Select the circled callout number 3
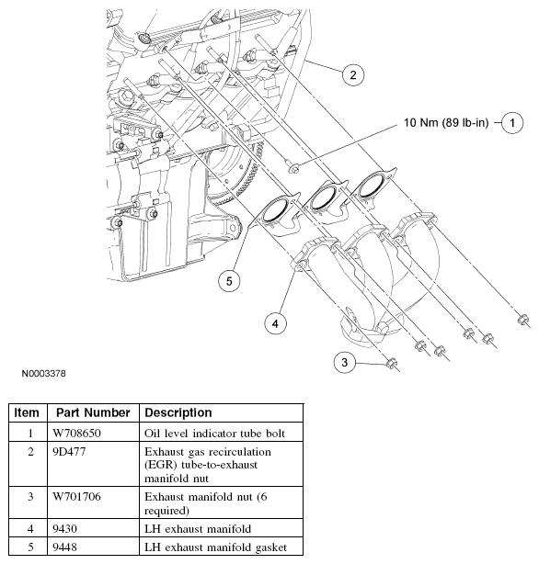[344, 363]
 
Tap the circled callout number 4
[274, 321]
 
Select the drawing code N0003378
[44, 375]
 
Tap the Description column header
[178, 412]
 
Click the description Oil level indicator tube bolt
[213, 432]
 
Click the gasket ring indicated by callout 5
[274, 213]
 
